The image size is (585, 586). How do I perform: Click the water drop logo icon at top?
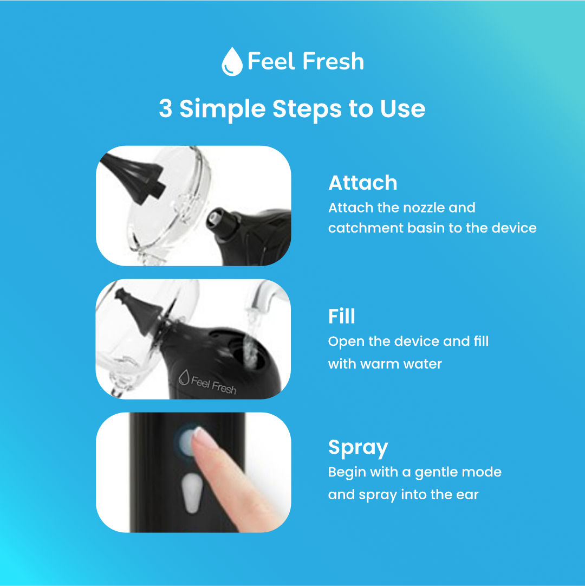click(x=232, y=61)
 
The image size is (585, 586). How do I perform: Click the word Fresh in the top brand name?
click(x=333, y=61)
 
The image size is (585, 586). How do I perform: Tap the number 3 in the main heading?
click(x=166, y=109)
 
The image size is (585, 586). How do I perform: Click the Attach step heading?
click(x=362, y=183)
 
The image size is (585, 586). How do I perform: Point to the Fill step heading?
click(x=341, y=316)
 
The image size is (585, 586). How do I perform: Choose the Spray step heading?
click(x=357, y=448)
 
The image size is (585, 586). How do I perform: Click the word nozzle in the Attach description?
click(x=418, y=208)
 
